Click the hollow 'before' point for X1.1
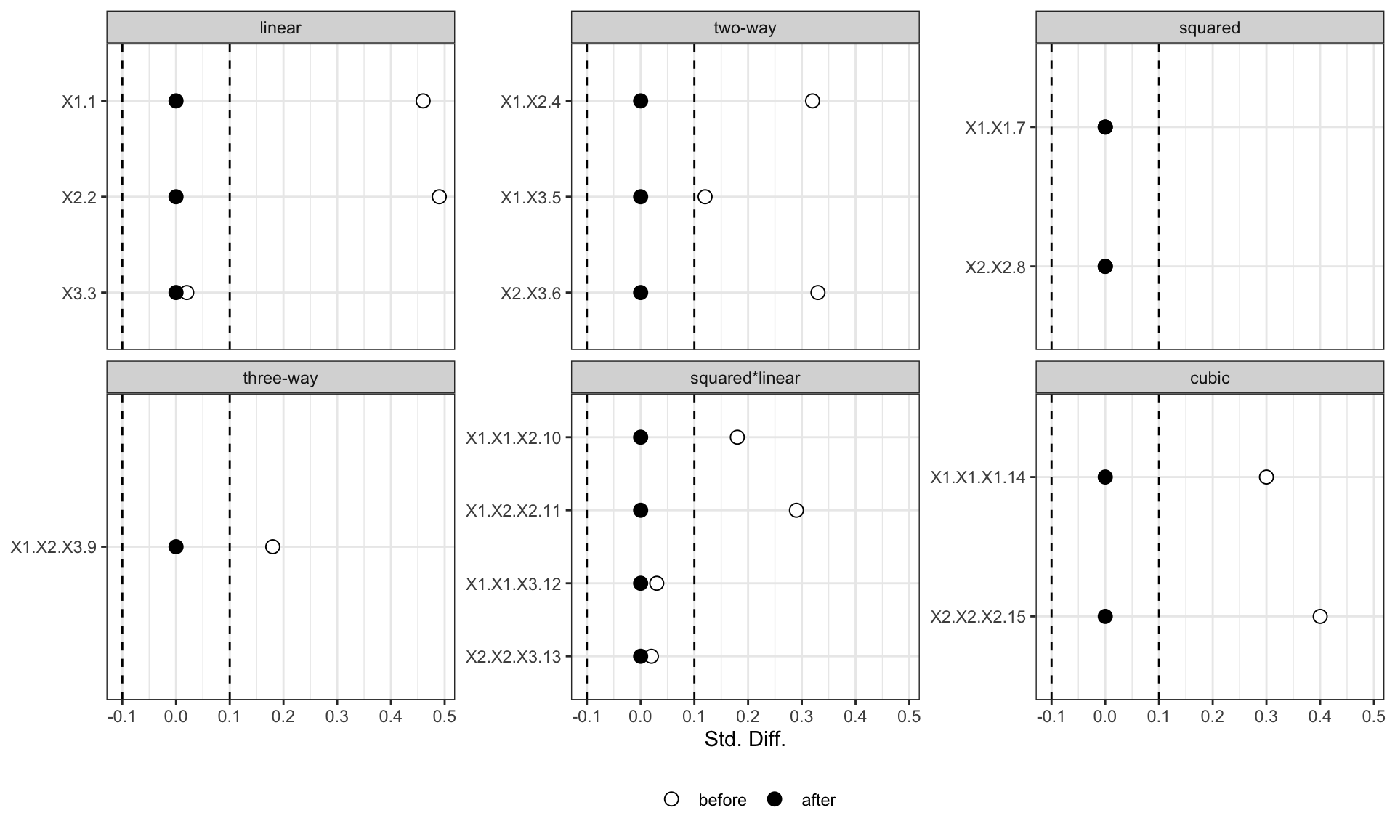tap(423, 101)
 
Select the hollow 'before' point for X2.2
tap(439, 197)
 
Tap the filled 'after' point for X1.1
tap(176, 101)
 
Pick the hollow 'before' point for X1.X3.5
tap(705, 197)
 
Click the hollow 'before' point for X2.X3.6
tap(818, 293)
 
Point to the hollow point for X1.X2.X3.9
tap(272, 546)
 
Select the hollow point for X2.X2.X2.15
tap(1320, 617)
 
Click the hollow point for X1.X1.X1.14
tap(1266, 477)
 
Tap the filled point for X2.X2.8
tap(1105, 267)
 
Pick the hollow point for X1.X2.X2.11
tap(796, 510)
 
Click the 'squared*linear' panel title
tap(745, 379)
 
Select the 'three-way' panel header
tap(280, 379)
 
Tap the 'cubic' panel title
tap(1210, 378)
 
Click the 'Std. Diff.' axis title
tap(745, 740)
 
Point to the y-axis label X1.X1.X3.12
tap(514, 584)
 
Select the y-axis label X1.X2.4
tap(531, 102)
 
